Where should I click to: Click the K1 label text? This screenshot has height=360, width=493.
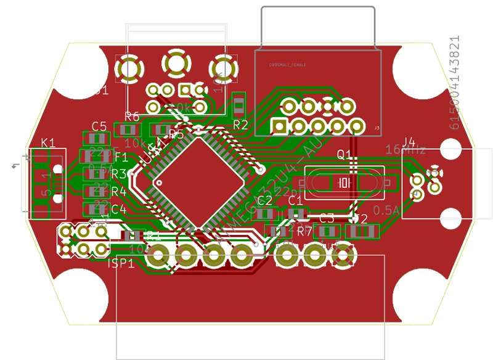point(47,143)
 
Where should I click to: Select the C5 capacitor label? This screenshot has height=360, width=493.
point(99,126)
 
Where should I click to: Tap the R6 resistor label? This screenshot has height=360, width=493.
point(132,116)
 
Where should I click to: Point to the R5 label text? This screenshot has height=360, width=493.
point(176,134)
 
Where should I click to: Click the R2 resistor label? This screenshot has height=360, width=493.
point(240,125)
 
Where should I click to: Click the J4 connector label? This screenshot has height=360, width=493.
point(409,141)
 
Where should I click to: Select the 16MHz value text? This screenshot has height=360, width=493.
point(405,149)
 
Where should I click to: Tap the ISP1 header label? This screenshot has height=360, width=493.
point(121,264)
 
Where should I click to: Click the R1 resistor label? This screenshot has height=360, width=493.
point(153,235)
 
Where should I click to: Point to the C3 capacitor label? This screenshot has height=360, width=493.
point(326,218)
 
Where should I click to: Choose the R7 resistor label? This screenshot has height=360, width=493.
point(305,231)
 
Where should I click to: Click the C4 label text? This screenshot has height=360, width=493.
point(119,209)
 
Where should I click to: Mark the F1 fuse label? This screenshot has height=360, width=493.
point(121,157)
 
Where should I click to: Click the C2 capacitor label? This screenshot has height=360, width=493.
point(265,200)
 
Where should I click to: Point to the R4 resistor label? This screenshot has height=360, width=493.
point(119,192)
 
